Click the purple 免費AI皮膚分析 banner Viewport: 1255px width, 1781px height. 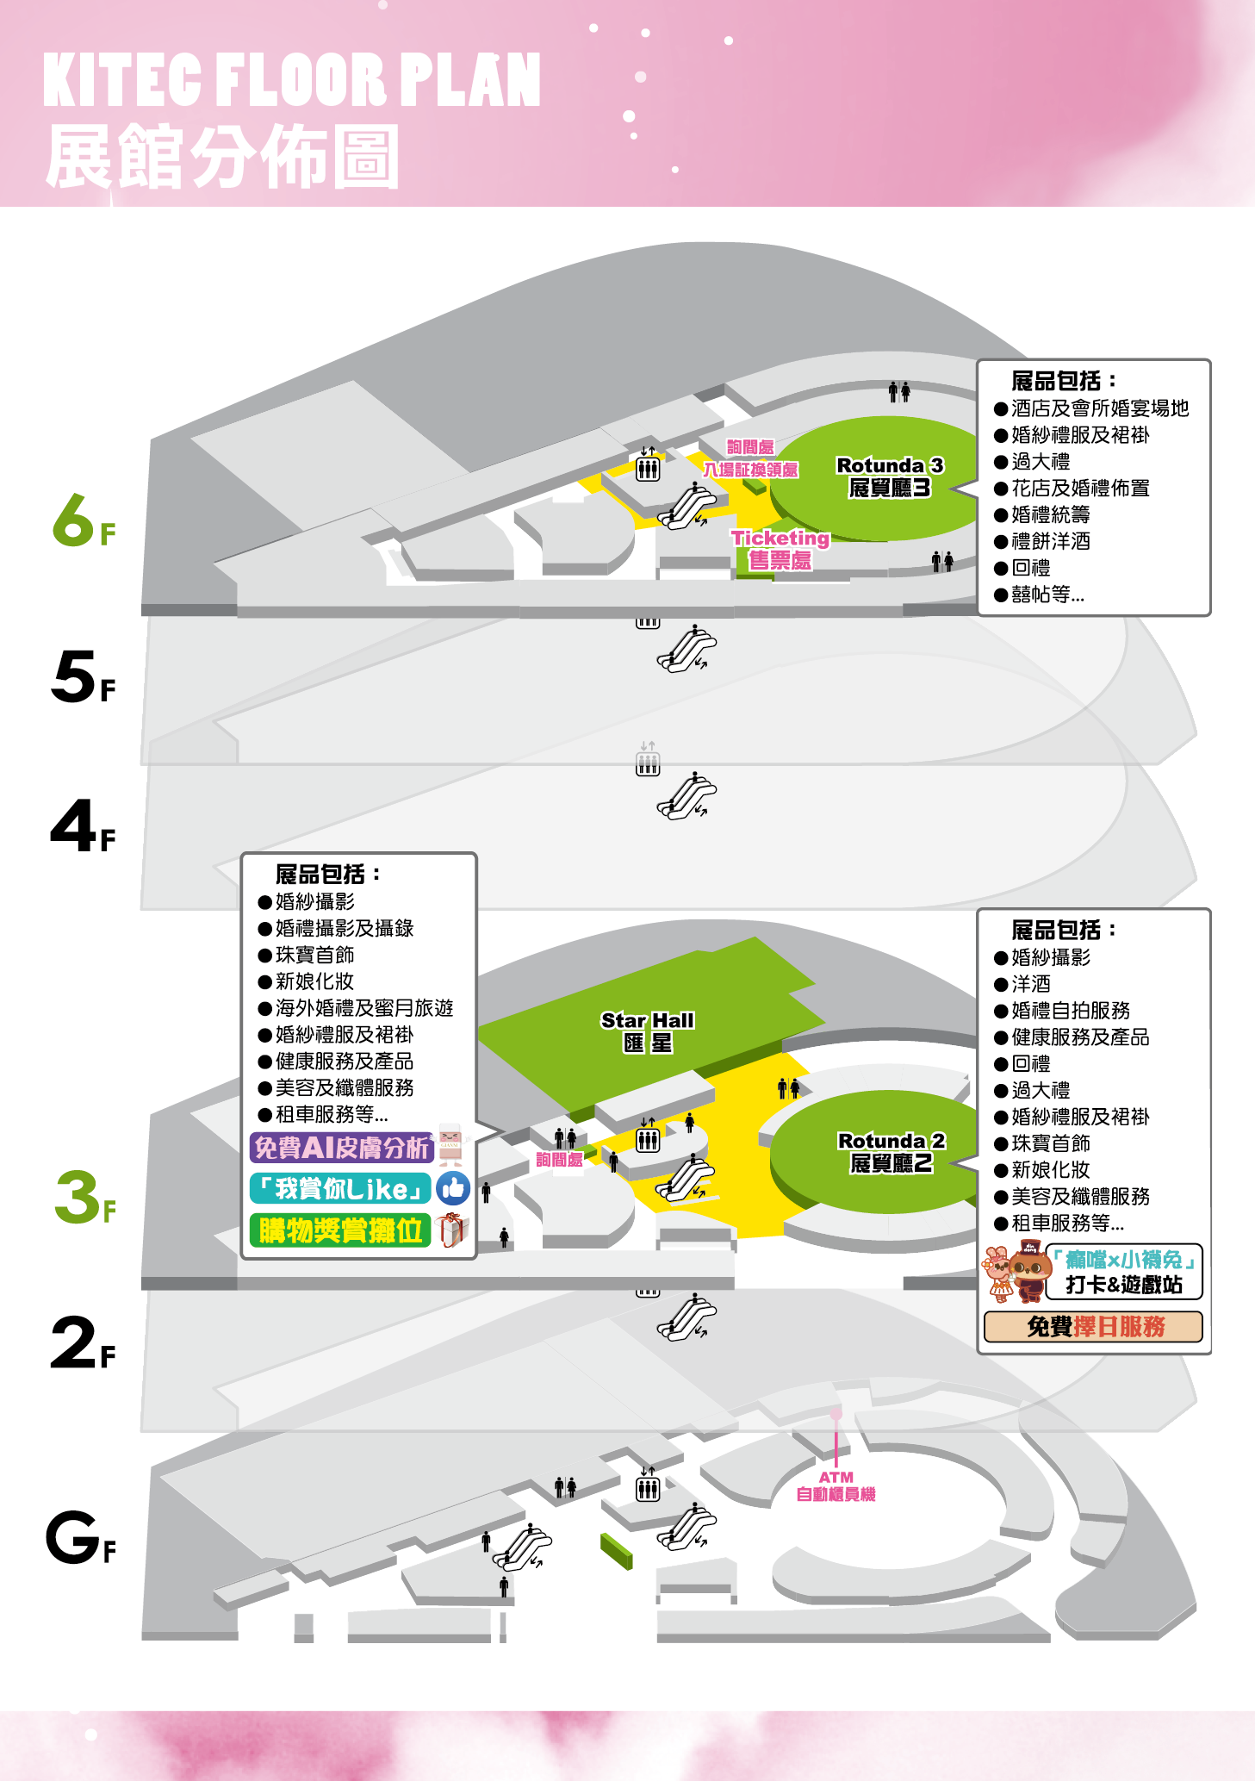coord(341,1147)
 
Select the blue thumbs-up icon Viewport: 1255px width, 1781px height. coord(453,1189)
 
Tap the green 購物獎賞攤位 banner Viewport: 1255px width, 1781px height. coord(340,1230)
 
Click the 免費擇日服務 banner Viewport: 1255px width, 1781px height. coord(1094,1327)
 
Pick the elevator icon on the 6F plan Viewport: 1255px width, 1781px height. coord(648,469)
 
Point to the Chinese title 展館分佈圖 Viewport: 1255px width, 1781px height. coord(222,156)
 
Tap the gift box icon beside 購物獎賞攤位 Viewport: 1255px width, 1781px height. coord(453,1230)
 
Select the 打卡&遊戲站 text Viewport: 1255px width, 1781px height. coord(1124,1285)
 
